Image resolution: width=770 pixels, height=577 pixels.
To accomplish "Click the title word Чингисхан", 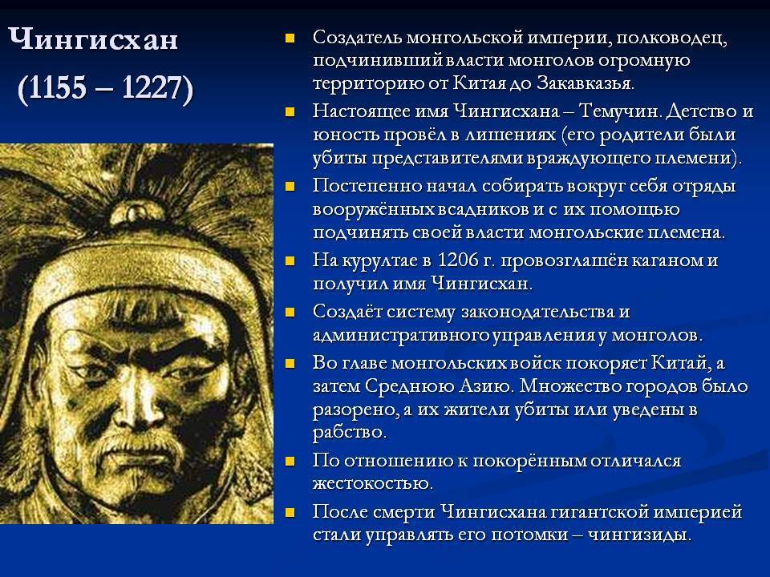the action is point(93,39).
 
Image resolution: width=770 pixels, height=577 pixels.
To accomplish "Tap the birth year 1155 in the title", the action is point(58,87).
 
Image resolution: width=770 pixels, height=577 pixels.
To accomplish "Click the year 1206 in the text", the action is point(458,260).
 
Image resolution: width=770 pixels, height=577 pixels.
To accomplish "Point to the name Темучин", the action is point(620,111).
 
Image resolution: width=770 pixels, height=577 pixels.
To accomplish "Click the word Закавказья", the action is point(585,83).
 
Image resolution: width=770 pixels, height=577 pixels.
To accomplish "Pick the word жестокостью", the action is point(373,483).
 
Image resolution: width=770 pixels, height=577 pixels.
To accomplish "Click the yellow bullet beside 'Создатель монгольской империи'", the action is point(290,38).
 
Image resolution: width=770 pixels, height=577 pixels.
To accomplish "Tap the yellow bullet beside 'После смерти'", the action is point(290,512).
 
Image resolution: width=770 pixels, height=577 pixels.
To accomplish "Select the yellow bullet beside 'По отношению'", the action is point(290,462).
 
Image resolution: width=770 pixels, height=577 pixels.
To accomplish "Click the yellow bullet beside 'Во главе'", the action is point(290,363).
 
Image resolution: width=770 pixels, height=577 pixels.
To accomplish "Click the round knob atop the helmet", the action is point(131,212).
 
